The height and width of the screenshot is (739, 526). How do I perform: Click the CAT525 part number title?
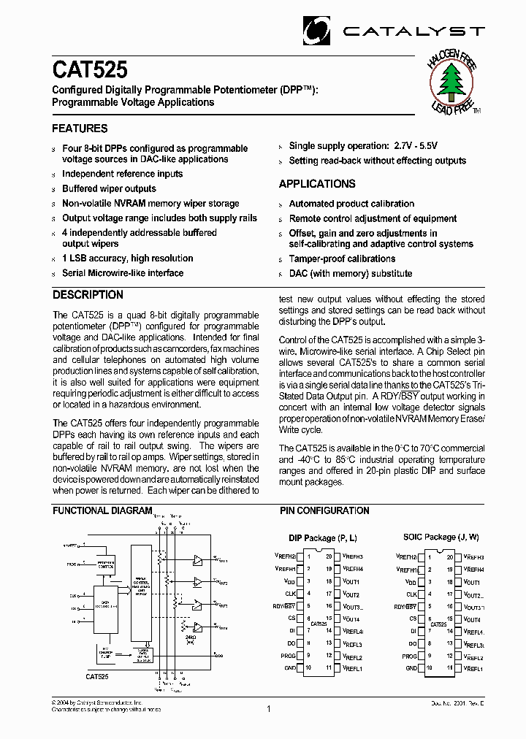pos(90,70)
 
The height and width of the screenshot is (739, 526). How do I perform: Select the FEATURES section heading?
pos(80,129)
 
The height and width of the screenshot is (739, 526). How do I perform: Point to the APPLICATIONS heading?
pos(317,184)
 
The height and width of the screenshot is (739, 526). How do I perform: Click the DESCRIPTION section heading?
pos(88,295)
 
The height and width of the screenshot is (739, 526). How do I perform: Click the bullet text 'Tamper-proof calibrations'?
pos(342,259)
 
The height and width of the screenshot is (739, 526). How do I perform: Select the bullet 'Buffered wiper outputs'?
pos(109,189)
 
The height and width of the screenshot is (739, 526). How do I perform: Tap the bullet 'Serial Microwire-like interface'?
pos(123,273)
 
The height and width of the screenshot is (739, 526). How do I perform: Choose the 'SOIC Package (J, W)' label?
pos(441,537)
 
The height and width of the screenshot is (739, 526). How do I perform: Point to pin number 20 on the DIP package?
pos(329,556)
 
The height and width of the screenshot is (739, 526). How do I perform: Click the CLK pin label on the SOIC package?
pos(411,594)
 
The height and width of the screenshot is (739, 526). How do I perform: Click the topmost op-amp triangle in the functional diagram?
pos(197,560)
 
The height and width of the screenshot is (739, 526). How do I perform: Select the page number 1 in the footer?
pos(269,708)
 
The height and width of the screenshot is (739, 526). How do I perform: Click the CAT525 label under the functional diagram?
pos(97,677)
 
